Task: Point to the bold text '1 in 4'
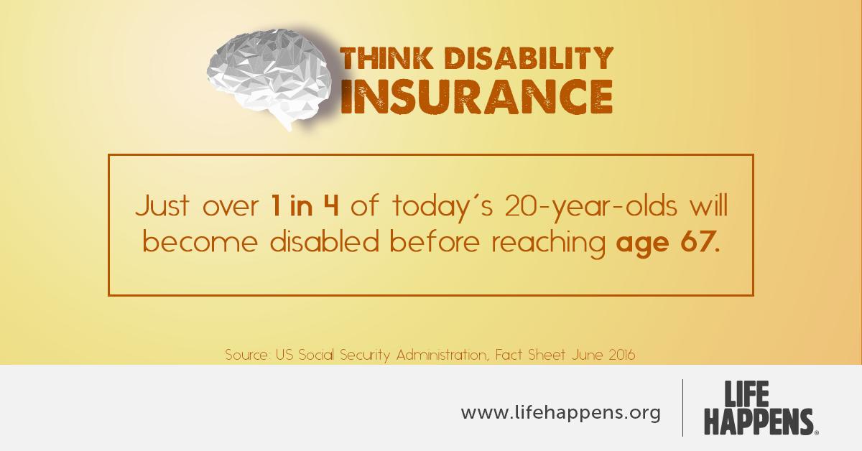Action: coord(304,208)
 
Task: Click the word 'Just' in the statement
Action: coord(160,208)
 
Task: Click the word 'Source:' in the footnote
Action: coord(248,355)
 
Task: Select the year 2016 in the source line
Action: coord(619,355)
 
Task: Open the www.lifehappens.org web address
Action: coord(560,414)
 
